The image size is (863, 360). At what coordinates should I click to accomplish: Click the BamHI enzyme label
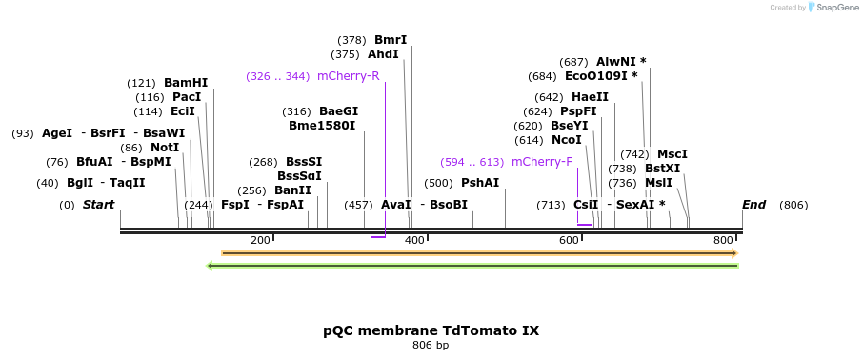click(185, 83)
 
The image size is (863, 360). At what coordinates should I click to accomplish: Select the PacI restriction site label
click(187, 97)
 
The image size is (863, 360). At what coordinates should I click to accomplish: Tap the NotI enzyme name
click(165, 148)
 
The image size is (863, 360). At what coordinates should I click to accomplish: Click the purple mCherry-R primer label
click(348, 76)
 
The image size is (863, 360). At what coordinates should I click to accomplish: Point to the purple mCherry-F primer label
click(542, 162)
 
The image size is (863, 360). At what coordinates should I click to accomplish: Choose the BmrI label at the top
click(391, 40)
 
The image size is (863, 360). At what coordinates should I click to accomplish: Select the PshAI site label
click(480, 183)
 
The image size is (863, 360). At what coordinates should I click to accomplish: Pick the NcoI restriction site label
click(566, 140)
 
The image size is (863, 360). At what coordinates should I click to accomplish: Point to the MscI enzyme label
click(672, 154)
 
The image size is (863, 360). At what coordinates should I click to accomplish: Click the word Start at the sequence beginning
click(98, 205)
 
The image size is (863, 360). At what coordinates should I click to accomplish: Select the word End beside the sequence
click(754, 205)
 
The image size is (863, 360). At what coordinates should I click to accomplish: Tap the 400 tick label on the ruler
click(414, 241)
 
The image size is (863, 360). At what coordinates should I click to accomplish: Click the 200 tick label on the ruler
click(260, 241)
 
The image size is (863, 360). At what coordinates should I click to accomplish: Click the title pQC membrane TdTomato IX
click(431, 331)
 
